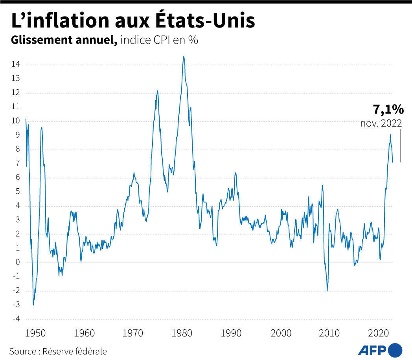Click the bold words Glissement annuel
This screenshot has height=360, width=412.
(64, 40)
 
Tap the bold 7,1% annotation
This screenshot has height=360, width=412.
(388, 110)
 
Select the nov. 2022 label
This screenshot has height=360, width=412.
(381, 123)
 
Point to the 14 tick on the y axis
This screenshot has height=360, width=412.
(16, 65)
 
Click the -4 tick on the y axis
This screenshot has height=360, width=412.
(16, 319)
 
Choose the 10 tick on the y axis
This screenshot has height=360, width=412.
(16, 121)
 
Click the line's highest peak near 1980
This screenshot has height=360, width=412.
(184, 57)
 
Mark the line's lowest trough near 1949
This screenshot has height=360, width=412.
(33, 305)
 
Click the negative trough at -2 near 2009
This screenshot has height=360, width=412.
(327, 291)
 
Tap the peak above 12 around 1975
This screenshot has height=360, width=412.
(157, 91)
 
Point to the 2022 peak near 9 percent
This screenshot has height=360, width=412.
(390, 135)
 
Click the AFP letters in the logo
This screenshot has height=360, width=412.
(372, 349)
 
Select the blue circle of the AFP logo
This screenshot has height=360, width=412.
(395, 349)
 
